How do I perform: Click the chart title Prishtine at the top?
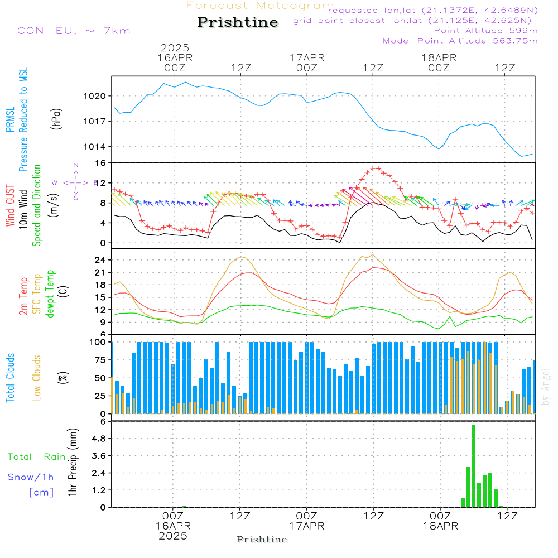click(238, 22)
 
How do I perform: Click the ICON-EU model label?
click(71, 31)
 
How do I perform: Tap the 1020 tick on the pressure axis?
click(95, 96)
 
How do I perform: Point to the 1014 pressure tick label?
click(95, 147)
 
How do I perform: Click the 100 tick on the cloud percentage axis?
click(98, 342)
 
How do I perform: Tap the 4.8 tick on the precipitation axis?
click(99, 439)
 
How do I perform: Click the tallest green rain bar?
click(474, 466)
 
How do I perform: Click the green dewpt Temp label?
click(50, 294)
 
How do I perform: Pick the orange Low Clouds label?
click(37, 377)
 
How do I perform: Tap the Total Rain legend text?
click(37, 456)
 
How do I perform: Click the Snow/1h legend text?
click(31, 477)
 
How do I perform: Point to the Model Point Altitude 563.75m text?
click(460, 41)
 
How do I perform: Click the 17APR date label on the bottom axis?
click(306, 526)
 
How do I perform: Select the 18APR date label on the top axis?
click(439, 57)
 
